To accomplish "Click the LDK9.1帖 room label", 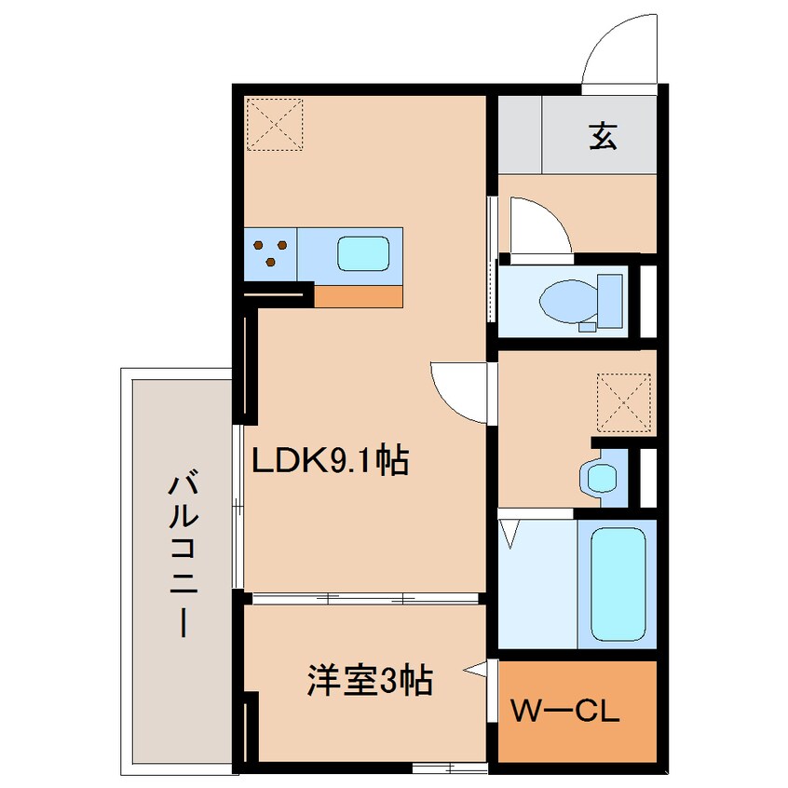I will pyautogui.click(x=330, y=460).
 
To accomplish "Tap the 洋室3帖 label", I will pyautogui.click(x=370, y=682).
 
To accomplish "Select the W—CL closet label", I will pyautogui.click(x=564, y=714).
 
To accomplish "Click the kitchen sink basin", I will pyautogui.click(x=362, y=253).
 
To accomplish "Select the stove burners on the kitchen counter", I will pyautogui.click(x=270, y=251).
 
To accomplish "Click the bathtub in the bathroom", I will pyautogui.click(x=618, y=580).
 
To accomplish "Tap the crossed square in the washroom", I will pyautogui.click(x=623, y=401).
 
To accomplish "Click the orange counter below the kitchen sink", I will pyautogui.click(x=359, y=295).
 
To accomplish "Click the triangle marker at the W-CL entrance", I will pyautogui.click(x=476, y=669).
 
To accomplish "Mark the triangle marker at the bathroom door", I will pyautogui.click(x=509, y=532).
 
